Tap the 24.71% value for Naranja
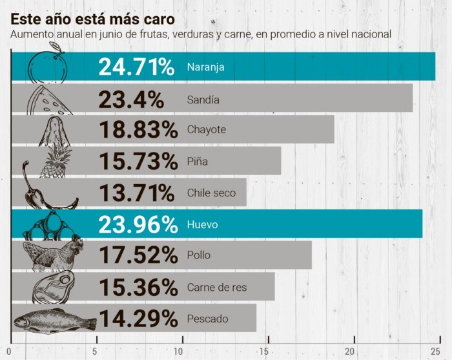[x=136, y=67]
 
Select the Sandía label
[x=203, y=100]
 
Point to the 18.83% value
[x=138, y=129]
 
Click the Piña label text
[x=197, y=161]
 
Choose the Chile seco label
[x=211, y=193]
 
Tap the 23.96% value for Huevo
[x=138, y=224]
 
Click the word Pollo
[x=198, y=255]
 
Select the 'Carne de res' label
[x=216, y=287]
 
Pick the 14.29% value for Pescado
[x=138, y=318]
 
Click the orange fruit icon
[x=48, y=65]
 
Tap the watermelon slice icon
[x=49, y=100]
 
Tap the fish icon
[x=54, y=320]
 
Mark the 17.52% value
[x=138, y=255]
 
